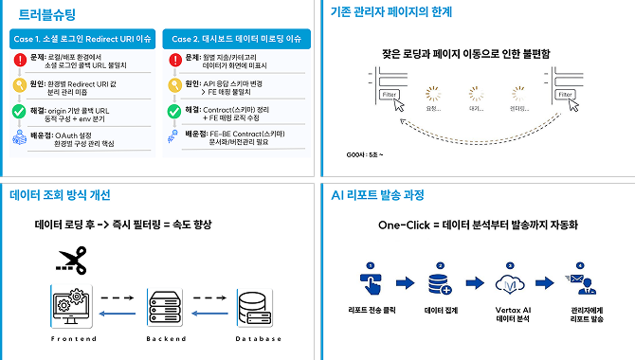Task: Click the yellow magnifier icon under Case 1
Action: tap(21, 86)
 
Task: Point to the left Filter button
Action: tap(388, 95)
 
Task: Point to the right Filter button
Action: tap(565, 95)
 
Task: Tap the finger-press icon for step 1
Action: tap(371, 282)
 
